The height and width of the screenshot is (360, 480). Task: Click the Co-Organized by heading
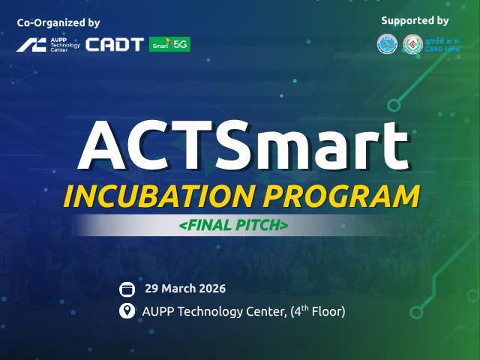58,23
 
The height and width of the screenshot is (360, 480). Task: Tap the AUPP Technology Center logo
48,44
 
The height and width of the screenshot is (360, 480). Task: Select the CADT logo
114,44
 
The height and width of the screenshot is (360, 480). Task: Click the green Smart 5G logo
169,44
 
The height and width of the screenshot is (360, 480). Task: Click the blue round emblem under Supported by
387,44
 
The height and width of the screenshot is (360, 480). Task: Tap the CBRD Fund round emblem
412,44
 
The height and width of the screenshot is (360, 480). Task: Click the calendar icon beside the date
127,289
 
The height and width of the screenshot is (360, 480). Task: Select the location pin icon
127,310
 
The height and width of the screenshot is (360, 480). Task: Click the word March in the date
177,289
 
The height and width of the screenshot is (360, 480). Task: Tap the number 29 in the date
151,289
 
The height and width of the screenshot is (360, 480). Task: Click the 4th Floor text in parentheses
318,310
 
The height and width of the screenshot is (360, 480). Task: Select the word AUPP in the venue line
157,311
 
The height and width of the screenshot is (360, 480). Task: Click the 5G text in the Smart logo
181,44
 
